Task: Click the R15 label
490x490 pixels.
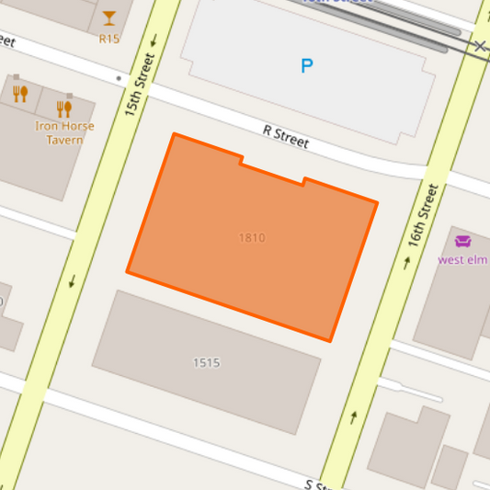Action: coord(109,39)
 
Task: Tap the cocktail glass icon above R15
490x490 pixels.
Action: coord(109,17)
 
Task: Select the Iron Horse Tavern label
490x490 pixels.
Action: coord(59,132)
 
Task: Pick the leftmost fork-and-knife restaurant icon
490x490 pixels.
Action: coord(20,93)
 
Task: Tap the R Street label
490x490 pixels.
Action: coord(286,138)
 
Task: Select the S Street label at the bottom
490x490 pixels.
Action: coord(321,484)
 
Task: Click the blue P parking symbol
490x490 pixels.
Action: coord(307,65)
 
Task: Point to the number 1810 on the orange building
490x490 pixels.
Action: coord(252,238)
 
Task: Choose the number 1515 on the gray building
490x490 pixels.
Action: coord(206,362)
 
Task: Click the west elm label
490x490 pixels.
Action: coord(462,259)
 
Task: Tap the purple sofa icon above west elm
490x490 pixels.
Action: coord(462,242)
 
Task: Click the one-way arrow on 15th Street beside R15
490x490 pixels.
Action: coord(153,40)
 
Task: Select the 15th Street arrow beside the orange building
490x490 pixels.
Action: coord(72,280)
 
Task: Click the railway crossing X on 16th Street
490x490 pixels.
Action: coord(481,45)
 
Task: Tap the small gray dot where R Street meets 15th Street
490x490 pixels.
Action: coord(120,79)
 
